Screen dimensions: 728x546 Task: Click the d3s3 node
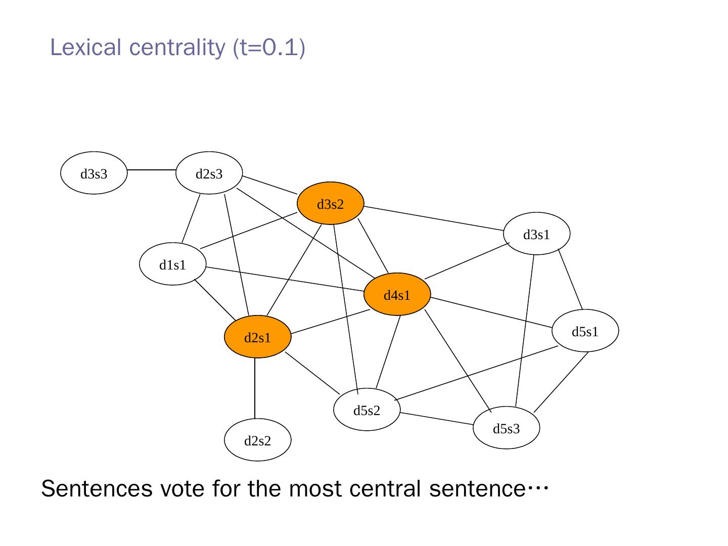pyautogui.click(x=94, y=173)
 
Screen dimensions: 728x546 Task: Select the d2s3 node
pyautogui.click(x=209, y=173)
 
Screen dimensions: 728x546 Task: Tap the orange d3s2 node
pyautogui.click(x=330, y=203)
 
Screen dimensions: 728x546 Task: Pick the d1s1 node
pyautogui.click(x=172, y=264)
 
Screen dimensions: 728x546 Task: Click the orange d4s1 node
pyautogui.click(x=397, y=294)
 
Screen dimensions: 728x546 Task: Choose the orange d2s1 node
pyautogui.click(x=258, y=337)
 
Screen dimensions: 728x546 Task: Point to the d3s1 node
pyautogui.click(x=536, y=234)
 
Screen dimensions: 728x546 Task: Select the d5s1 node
pyautogui.click(x=585, y=331)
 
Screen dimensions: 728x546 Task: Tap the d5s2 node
pyautogui.click(x=367, y=409)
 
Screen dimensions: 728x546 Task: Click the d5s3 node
pyautogui.click(x=506, y=428)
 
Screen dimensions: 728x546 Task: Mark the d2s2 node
pyautogui.click(x=258, y=440)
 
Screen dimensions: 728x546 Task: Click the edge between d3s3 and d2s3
pyautogui.click(x=152, y=170)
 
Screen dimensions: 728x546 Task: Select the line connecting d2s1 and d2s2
pyautogui.click(x=255, y=388)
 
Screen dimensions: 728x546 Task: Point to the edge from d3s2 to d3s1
pyautogui.click(x=434, y=218)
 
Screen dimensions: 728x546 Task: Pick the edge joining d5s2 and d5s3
pyautogui.click(x=436, y=419)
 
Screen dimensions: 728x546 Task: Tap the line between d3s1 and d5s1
pyautogui.click(x=570, y=279)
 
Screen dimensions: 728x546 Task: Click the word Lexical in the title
pyautogui.click(x=85, y=48)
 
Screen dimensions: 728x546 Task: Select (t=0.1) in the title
pyautogui.click(x=269, y=48)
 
